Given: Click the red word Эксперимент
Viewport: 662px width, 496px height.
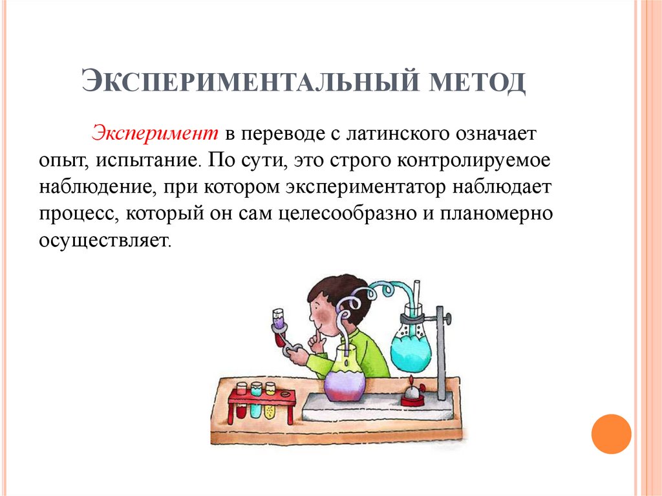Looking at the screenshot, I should click(x=155, y=135).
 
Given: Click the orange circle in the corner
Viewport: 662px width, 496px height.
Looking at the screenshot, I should click(x=611, y=433).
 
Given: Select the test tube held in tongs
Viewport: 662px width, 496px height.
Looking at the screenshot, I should click(x=278, y=323).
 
